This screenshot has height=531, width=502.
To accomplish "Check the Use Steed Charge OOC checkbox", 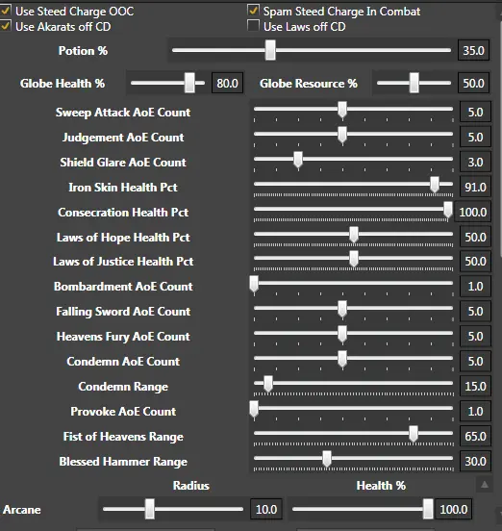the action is pos(6,11).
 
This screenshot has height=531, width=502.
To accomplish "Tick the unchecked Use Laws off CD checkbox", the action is pos(253,26).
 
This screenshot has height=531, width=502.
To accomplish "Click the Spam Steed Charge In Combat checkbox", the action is pos(253,11).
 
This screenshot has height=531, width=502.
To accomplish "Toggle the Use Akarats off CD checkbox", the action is pos(6,26).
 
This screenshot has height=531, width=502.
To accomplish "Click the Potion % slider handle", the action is pos(270,50).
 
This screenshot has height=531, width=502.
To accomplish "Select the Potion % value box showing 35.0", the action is pos(473,50).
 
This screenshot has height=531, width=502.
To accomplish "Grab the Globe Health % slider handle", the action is pos(189,83).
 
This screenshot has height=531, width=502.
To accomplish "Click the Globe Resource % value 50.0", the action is pos(473,83).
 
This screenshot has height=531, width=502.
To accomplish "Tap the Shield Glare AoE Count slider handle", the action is pos(298,160).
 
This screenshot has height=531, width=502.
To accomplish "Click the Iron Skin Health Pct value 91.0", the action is pos(475,187).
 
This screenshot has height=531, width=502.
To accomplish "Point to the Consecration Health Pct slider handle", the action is pos(448,210).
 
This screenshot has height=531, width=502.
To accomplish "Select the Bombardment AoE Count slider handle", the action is pos(254,284).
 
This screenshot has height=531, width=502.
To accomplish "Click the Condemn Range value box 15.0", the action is pos(475,386).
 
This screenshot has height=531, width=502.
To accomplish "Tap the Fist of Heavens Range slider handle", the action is pos(413,434).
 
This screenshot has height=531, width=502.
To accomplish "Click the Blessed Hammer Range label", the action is pos(123,461).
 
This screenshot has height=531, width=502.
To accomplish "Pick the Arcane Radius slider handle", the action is pos(150,509).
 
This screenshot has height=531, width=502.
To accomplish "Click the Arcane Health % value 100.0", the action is pos(454,509).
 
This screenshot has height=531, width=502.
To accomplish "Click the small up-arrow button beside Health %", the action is pos(485,485).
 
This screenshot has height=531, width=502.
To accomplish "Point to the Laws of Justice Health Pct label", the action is pos(123,261).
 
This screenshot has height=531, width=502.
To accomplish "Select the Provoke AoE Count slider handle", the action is pos(254,409).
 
